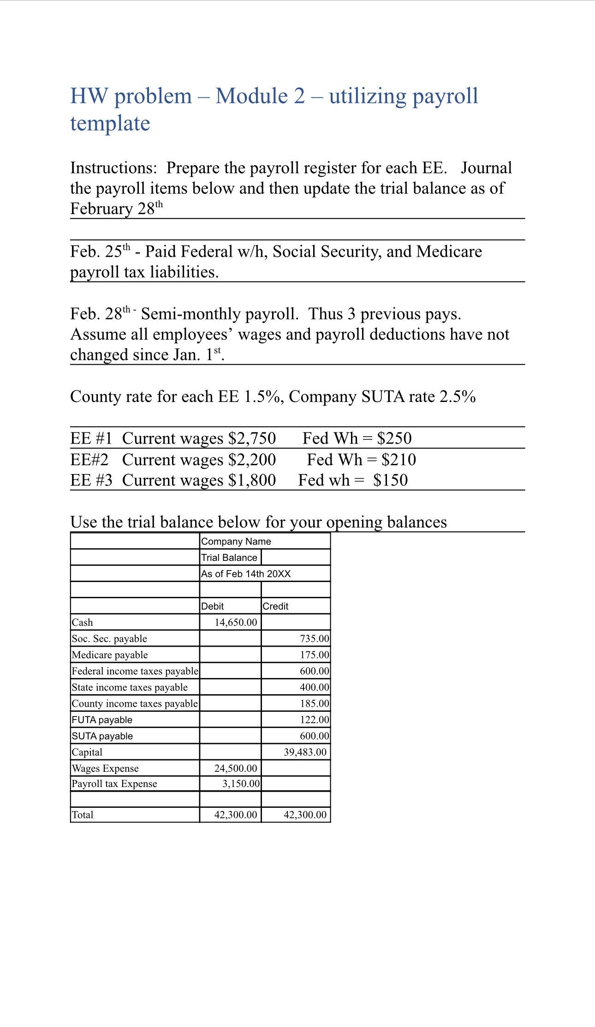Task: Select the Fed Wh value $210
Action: click(399, 460)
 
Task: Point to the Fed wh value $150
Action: click(390, 480)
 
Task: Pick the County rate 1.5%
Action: click(262, 396)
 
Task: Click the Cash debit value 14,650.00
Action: click(236, 622)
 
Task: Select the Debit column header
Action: click(212, 606)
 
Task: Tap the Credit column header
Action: click(275, 606)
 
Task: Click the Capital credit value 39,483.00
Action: click(305, 752)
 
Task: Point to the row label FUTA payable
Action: click(102, 720)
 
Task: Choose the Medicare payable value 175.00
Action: click(315, 655)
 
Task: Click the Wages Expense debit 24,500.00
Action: click(236, 768)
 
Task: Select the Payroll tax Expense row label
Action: click(114, 784)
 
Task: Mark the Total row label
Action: click(83, 815)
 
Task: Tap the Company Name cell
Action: click(236, 541)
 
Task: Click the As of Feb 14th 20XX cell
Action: click(246, 574)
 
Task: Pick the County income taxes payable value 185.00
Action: click(315, 703)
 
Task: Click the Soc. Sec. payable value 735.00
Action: click(315, 638)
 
